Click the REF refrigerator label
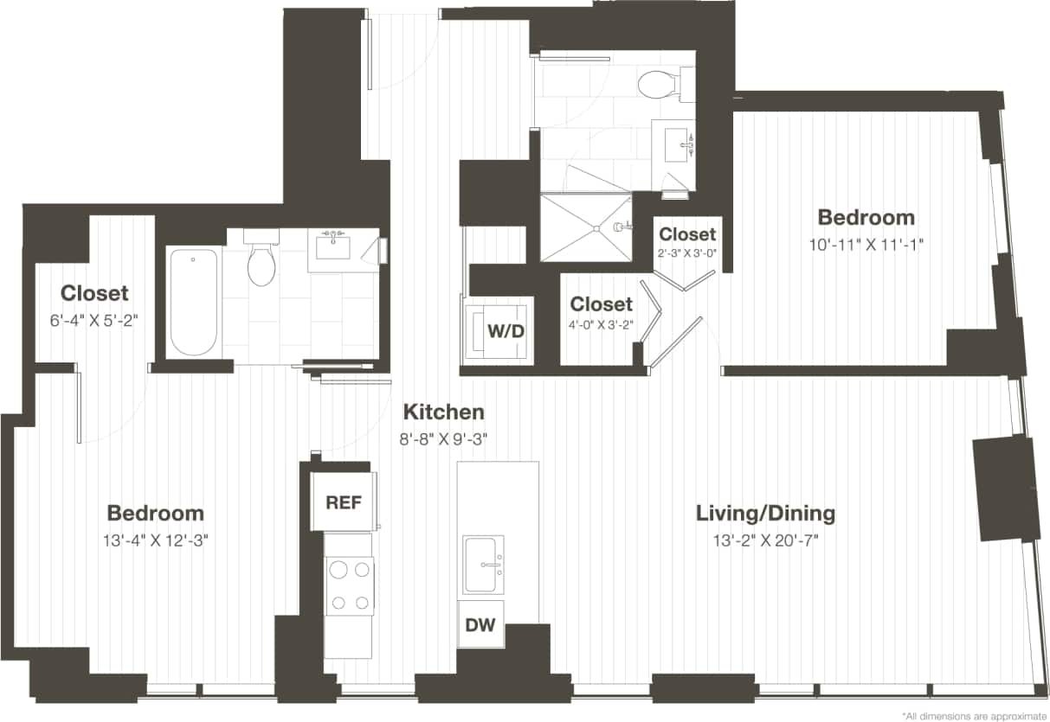pos(343,502)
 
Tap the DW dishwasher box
pos(480,624)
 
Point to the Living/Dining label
pos(765,514)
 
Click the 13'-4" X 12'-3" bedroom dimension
pos(156,542)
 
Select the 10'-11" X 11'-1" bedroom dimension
pos(866,245)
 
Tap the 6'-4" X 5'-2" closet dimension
pos(94,319)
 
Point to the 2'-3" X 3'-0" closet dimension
pos(687,253)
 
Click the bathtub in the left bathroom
pos(192,302)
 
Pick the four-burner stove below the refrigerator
pos(349,586)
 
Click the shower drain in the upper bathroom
pos(596,228)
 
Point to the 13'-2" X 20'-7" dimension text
pos(765,542)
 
